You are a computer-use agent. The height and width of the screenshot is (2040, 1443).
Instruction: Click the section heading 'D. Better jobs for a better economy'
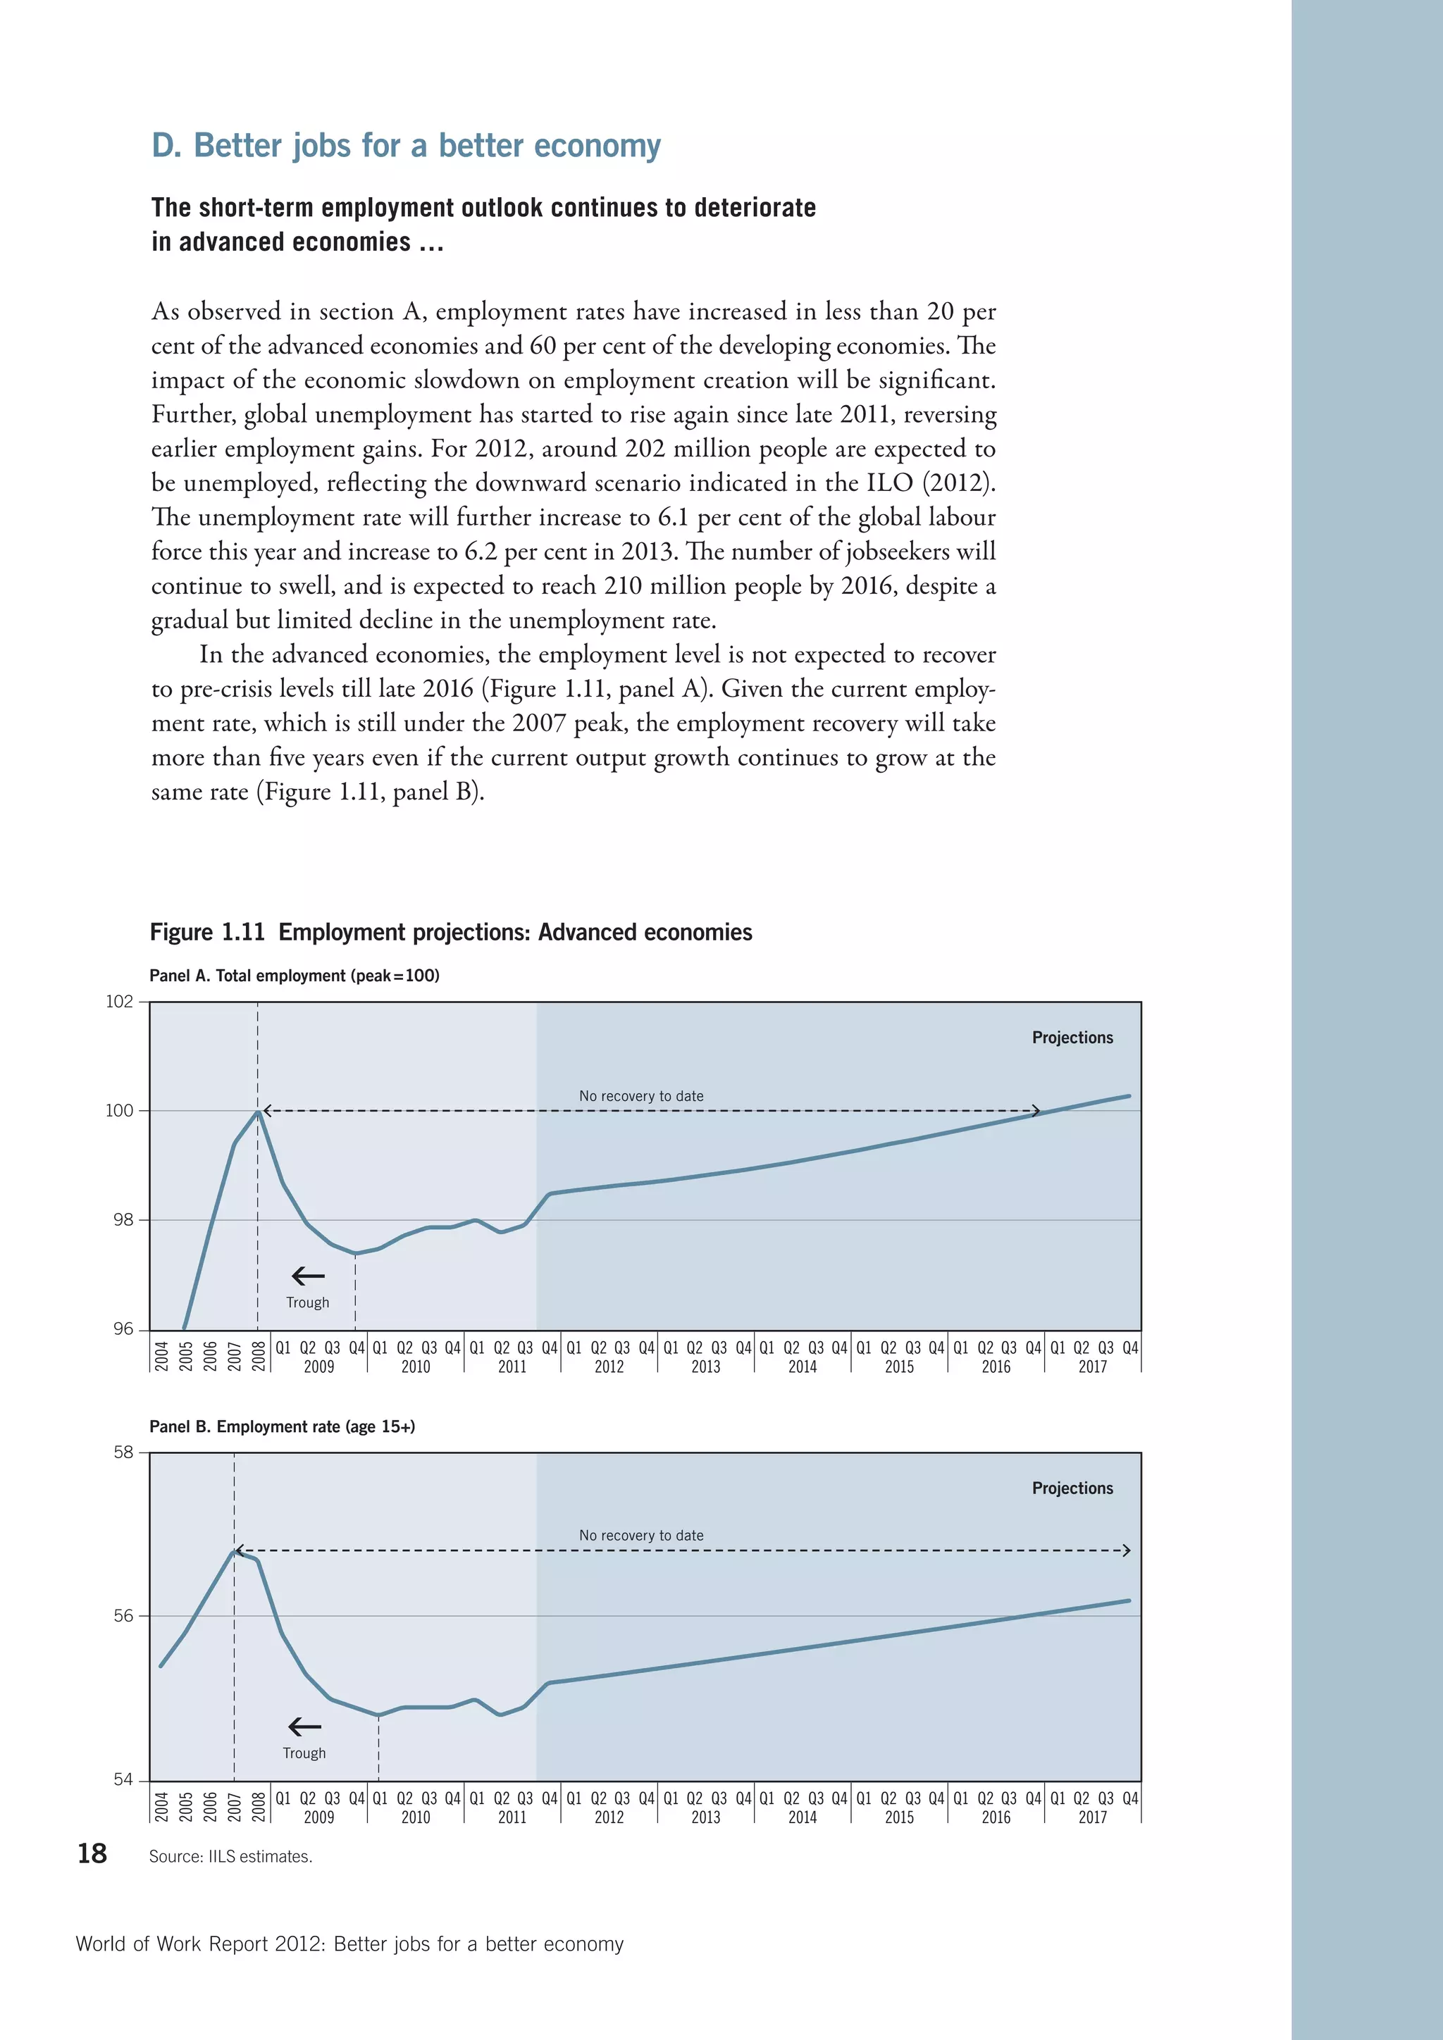pyautogui.click(x=406, y=146)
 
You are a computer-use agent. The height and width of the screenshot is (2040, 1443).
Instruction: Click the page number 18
pyautogui.click(x=92, y=1853)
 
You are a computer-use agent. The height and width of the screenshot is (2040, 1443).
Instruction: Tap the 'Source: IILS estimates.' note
pyautogui.click(x=230, y=1856)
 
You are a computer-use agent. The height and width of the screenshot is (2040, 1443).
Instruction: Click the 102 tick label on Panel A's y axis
pyautogui.click(x=119, y=1002)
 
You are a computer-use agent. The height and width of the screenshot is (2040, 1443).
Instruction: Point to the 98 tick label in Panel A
pyautogui.click(x=123, y=1220)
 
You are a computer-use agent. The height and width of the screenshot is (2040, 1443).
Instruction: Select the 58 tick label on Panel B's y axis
pyautogui.click(x=123, y=1452)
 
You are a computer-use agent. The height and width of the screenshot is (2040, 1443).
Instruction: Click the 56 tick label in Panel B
pyautogui.click(x=123, y=1615)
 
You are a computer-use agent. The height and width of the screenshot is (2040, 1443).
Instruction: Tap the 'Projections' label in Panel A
pyautogui.click(x=1072, y=1037)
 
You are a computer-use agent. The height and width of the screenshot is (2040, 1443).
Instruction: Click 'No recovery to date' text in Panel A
pyautogui.click(x=640, y=1095)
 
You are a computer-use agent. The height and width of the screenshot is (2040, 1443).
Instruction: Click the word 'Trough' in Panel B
pyautogui.click(x=304, y=1753)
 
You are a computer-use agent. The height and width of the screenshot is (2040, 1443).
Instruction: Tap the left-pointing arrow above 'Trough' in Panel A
pyautogui.click(x=309, y=1276)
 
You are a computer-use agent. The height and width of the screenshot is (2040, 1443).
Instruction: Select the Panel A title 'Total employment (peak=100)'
pyautogui.click(x=294, y=976)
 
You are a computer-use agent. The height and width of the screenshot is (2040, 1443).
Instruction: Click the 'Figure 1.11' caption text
pyautogui.click(x=207, y=932)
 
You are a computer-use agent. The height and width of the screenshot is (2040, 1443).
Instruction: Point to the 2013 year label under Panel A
pyautogui.click(x=705, y=1367)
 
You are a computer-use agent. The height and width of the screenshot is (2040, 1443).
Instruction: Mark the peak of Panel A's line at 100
pyautogui.click(x=258, y=1111)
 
